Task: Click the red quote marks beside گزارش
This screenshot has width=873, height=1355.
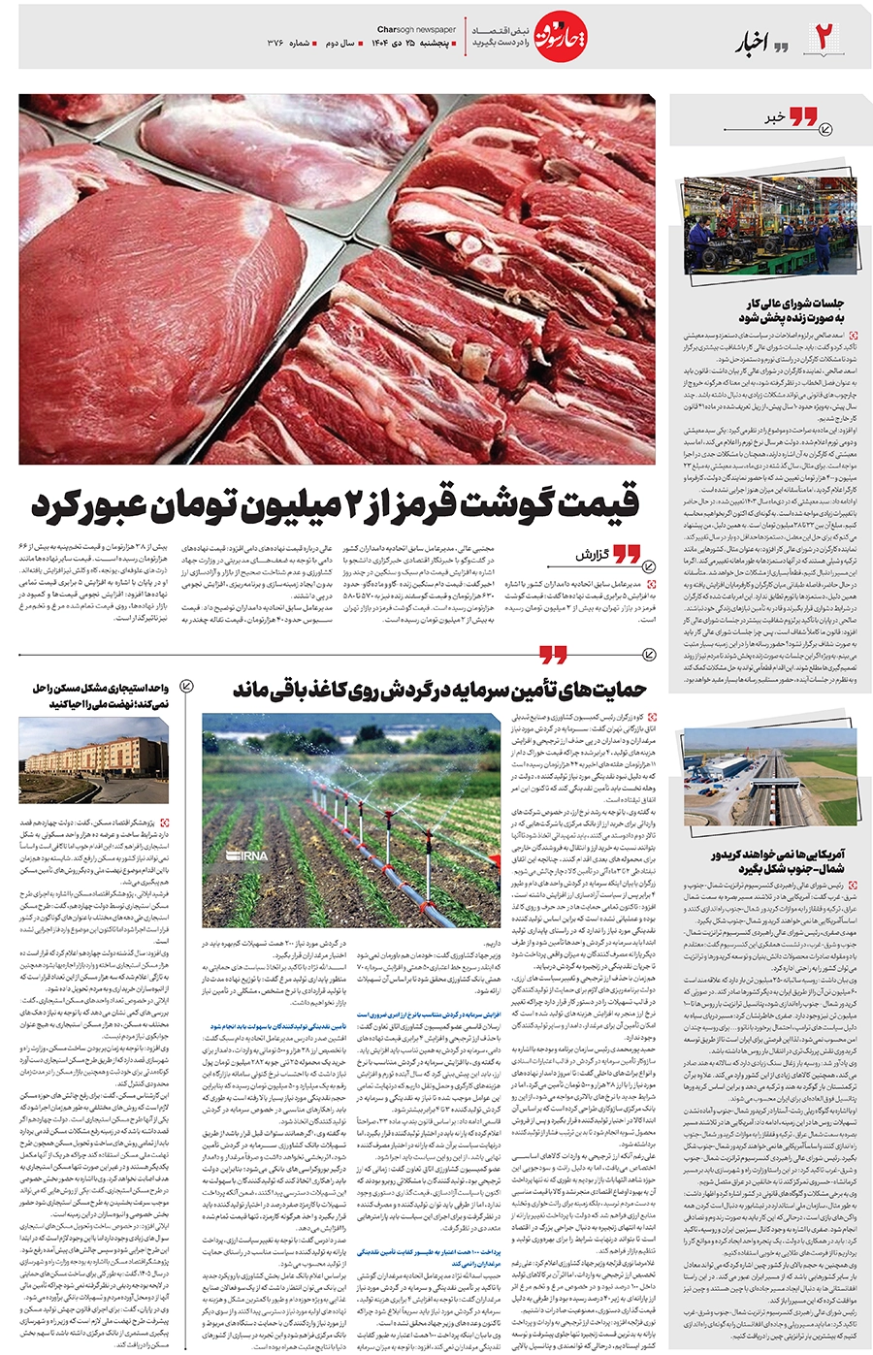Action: (x=626, y=555)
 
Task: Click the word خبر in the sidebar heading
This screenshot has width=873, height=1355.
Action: (x=774, y=117)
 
